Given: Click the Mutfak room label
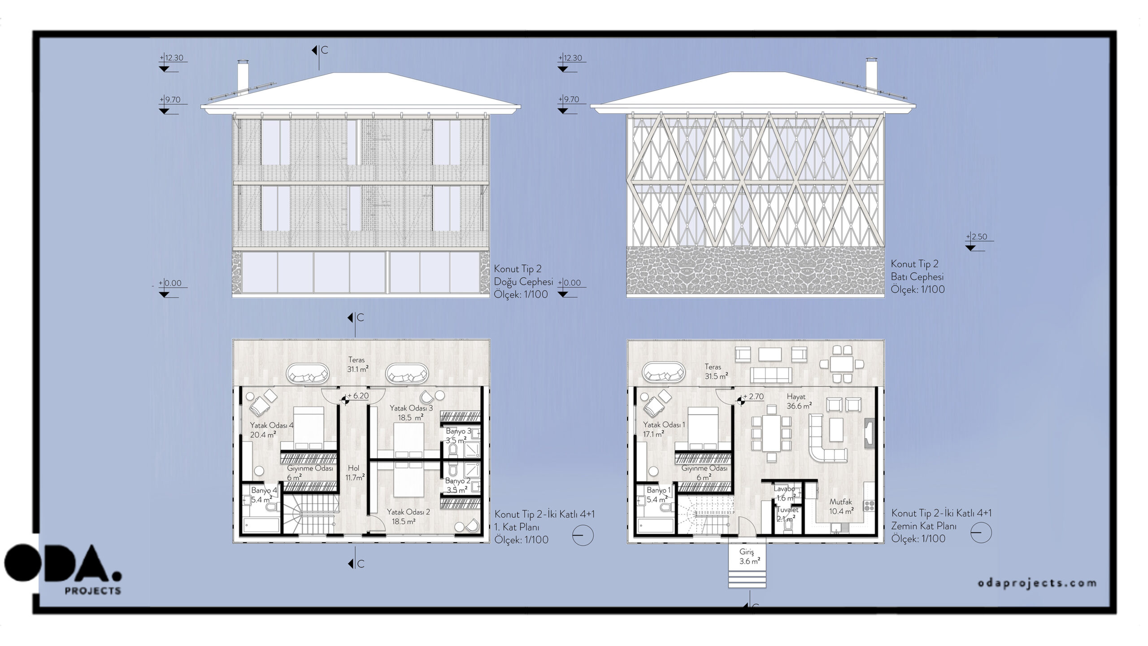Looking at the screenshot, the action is (840, 502).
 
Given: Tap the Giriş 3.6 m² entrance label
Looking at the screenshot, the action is (747, 557).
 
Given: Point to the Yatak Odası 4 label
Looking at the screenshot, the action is (272, 425).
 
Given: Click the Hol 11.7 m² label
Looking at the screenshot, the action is (355, 473).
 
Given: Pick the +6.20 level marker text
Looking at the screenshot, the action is (358, 396).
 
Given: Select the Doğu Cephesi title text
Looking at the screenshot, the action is (523, 282).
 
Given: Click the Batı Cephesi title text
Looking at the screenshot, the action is (917, 277).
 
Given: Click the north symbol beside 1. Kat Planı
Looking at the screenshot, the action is (583, 535).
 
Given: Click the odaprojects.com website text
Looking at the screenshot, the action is (1037, 583).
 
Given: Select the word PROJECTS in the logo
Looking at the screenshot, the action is (93, 591).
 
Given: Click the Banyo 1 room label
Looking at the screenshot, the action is (659, 490).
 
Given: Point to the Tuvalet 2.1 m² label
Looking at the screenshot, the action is (787, 514).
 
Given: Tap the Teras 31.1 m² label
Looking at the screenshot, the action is (357, 364).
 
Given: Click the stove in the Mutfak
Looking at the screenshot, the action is (869, 506).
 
